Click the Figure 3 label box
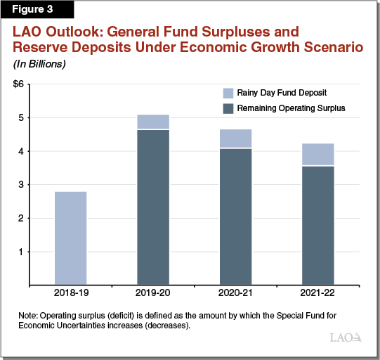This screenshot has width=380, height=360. pos(29,10)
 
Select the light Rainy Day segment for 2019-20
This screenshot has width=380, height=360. pos(152,122)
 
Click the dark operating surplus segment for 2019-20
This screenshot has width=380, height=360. pos(152,207)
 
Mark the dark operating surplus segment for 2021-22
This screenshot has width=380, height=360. pos(317,225)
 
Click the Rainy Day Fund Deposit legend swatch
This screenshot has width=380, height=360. pos(227,94)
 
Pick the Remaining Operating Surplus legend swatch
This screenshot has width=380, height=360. pos(227,109)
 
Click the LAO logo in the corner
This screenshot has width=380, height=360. pos(346,337)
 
